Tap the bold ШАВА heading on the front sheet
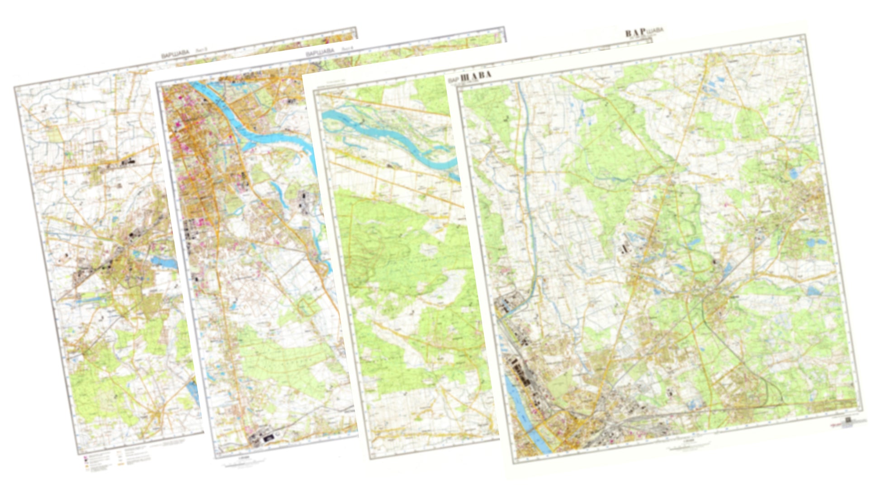[475, 77]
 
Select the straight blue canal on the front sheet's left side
[527, 181]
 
